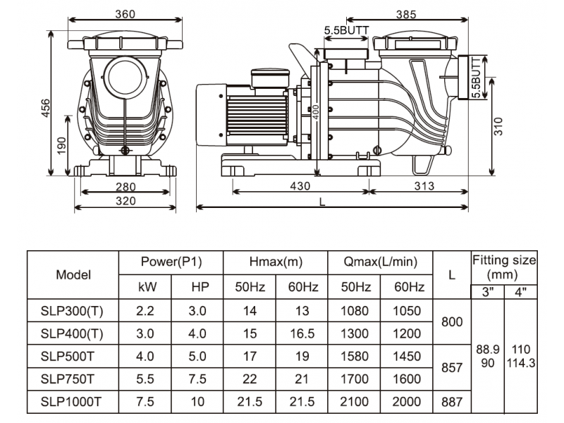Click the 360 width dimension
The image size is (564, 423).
(125, 14)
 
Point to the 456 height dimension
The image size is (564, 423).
(46, 108)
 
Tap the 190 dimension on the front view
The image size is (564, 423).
(62, 146)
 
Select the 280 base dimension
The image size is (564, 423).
(125, 187)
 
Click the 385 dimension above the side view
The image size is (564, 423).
(406, 14)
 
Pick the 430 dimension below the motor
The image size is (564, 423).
(300, 186)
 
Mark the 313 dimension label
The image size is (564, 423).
(424, 186)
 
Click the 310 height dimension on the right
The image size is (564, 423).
(498, 126)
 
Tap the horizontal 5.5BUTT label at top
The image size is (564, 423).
(346, 30)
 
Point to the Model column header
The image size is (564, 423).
(73, 275)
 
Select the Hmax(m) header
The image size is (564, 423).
(276, 262)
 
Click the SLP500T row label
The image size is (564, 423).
(67, 357)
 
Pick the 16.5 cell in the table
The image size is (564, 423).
(302, 333)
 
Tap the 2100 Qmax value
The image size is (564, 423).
(355, 402)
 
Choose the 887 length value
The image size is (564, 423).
(452, 402)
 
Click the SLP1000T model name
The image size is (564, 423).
(71, 402)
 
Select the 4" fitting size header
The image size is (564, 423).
(520, 292)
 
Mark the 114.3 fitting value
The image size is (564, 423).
(521, 363)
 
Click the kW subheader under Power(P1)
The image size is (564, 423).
(147, 287)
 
